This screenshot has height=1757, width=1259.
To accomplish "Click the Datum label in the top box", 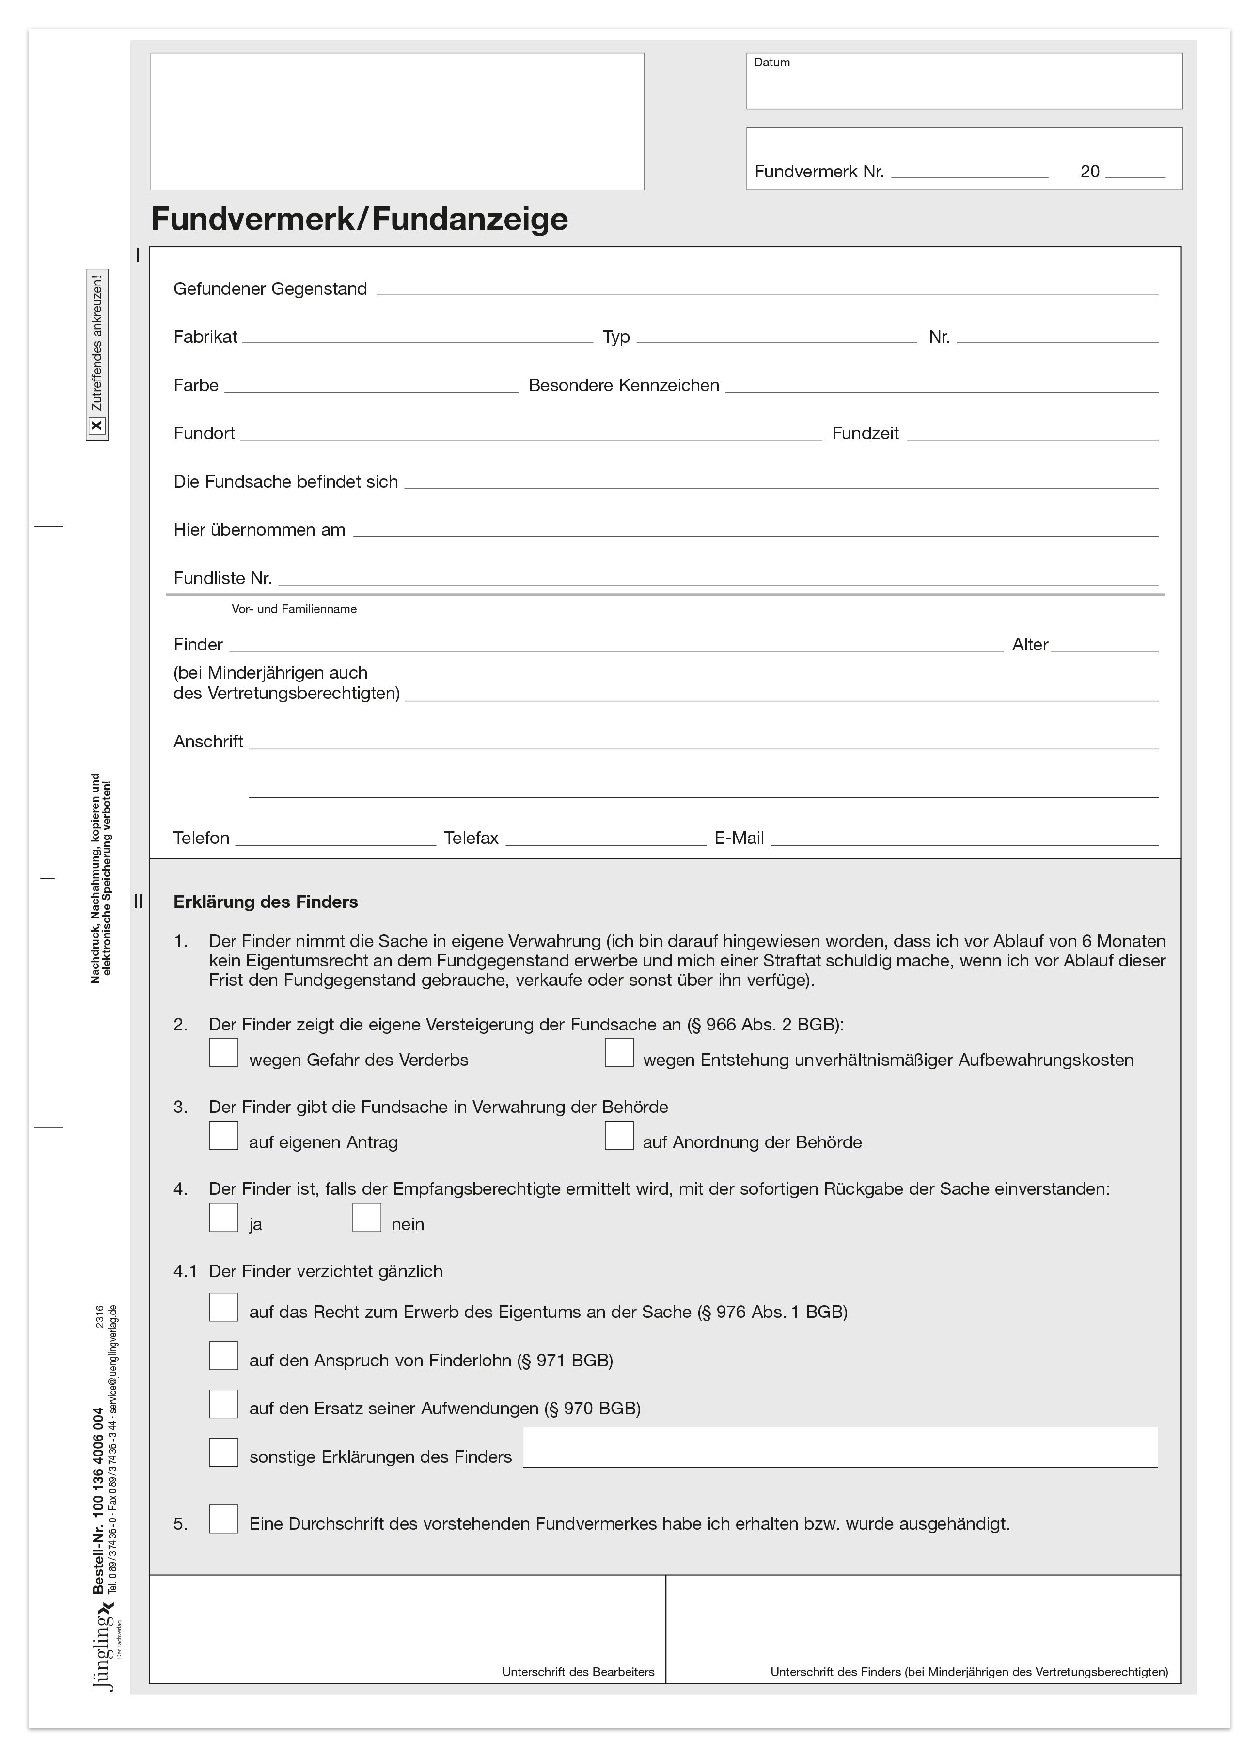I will [x=771, y=63].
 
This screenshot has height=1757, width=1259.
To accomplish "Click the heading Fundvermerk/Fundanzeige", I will [x=359, y=219].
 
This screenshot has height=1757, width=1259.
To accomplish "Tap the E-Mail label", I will [x=739, y=838].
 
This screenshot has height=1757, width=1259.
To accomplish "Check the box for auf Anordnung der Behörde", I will [x=619, y=1136].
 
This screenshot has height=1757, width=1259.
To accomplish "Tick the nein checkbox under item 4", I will [x=366, y=1218].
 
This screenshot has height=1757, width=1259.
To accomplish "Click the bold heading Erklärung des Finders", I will [x=266, y=902].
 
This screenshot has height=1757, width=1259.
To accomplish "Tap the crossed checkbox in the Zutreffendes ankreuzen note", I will [x=97, y=425].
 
